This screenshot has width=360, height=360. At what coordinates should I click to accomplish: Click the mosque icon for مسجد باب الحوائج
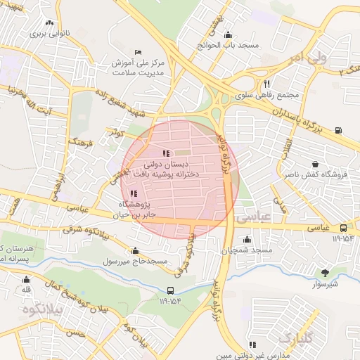pyautogui.click(x=227, y=35)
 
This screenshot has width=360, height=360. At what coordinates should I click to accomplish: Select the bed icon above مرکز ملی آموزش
pyautogui.click(x=138, y=51)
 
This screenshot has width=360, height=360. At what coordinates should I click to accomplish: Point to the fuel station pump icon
pyautogui.click(x=340, y=129)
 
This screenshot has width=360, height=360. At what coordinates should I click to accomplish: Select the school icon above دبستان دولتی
pyautogui.click(x=165, y=153)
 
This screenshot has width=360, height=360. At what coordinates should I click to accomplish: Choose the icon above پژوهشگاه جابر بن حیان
pyautogui.click(x=134, y=193)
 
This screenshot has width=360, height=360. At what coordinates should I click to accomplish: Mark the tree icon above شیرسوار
pyautogui.click(x=324, y=272)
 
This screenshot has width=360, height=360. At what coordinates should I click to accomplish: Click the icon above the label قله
pyautogui.click(x=26, y=278)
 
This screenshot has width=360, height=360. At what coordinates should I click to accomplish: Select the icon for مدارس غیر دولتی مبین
pyautogui.click(x=252, y=345)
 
